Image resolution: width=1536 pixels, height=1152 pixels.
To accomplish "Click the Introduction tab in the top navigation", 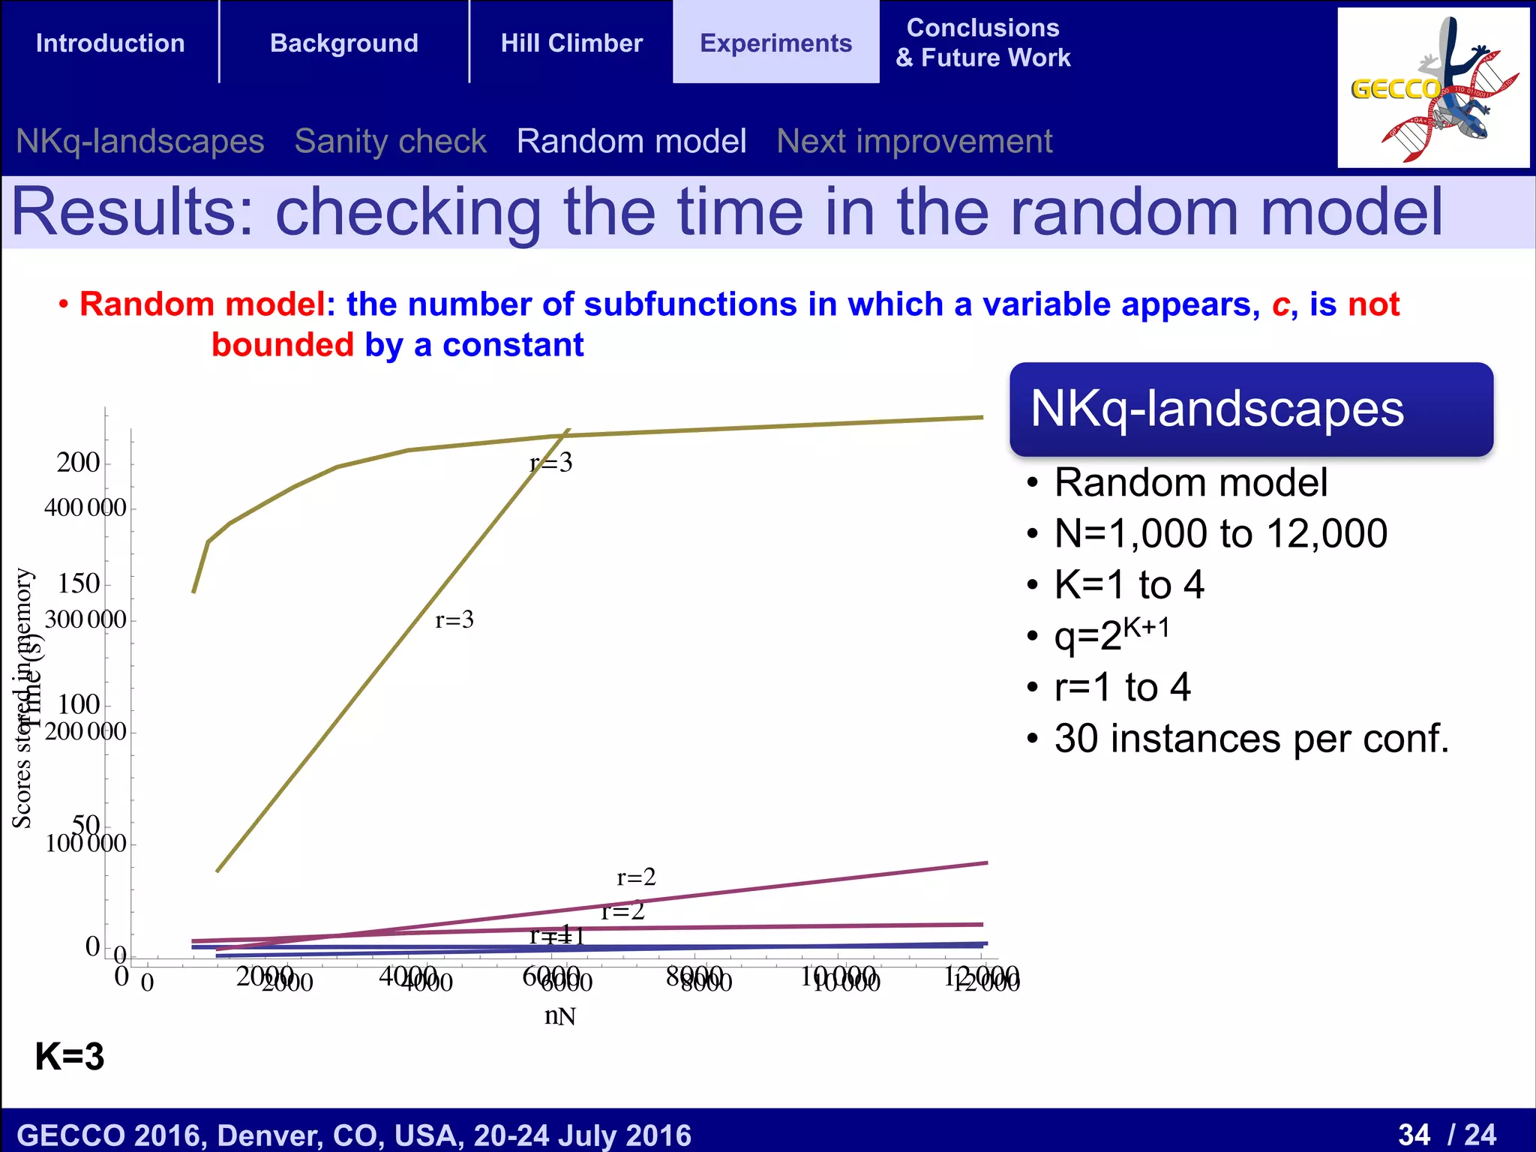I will (110, 43).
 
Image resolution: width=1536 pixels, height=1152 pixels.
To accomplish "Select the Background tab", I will (344, 43).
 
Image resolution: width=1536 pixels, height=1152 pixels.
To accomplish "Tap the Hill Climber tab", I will (571, 43).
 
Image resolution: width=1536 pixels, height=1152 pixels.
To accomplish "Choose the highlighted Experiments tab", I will (775, 43).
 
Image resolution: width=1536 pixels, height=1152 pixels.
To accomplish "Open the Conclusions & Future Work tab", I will (982, 43).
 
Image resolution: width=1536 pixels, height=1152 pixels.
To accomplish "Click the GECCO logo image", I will (1432, 88).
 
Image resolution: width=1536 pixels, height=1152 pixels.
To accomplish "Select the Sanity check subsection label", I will (390, 141).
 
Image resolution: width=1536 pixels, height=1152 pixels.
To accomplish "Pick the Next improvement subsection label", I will (914, 141).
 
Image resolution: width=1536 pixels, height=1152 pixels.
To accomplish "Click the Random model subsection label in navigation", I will (631, 141).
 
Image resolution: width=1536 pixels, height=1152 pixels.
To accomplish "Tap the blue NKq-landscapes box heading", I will (1216, 409).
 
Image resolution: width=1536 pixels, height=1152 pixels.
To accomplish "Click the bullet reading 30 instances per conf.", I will (1251, 738).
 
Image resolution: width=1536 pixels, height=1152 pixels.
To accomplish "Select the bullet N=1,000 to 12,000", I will (1220, 533).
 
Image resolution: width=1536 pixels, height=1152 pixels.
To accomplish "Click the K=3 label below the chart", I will (70, 1056).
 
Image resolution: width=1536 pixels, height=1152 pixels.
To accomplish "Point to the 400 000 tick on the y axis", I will (85, 508).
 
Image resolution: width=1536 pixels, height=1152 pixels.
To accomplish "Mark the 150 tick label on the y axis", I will (79, 583).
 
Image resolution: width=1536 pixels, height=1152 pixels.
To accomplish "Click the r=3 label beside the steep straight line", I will (454, 619).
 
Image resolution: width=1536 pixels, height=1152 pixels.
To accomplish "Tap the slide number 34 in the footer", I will (1414, 1134).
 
